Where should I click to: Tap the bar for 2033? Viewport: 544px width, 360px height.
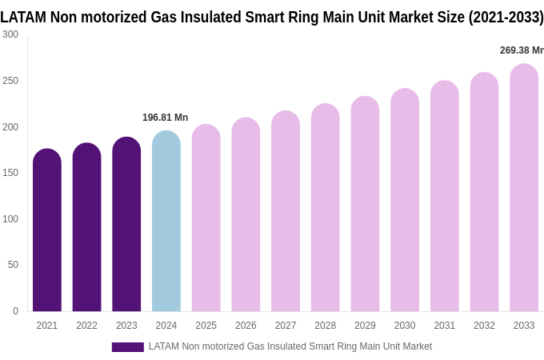(524, 188)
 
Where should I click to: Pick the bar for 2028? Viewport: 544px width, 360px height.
(326, 208)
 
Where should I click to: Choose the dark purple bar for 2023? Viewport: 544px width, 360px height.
(126, 225)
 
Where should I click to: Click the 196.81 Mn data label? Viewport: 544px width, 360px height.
(166, 118)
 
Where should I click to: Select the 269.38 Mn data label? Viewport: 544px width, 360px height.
(521, 50)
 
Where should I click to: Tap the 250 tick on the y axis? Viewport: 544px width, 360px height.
(10, 81)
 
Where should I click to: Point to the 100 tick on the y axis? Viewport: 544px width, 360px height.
(10, 219)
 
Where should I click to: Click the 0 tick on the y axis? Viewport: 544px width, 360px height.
(15, 311)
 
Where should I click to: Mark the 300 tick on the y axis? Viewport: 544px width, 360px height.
(10, 34)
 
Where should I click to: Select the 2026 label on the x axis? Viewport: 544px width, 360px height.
(246, 326)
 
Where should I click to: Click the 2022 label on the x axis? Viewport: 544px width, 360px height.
(86, 326)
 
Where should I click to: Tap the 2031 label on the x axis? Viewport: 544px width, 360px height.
(445, 326)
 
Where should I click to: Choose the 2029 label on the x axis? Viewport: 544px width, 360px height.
(365, 326)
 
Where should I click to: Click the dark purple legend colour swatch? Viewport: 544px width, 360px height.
(127, 347)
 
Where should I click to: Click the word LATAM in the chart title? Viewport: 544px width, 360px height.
(23, 17)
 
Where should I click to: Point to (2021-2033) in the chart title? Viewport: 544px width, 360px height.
(506, 17)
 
